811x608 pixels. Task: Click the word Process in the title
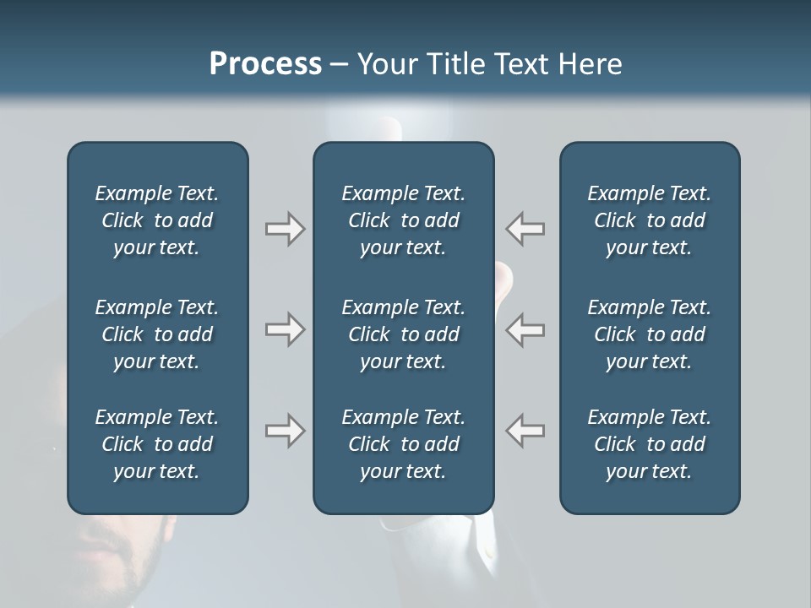tap(265, 63)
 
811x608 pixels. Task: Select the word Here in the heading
tap(591, 63)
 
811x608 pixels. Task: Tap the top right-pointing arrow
tap(286, 229)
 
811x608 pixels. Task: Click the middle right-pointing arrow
tap(286, 328)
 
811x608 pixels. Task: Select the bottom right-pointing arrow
tap(286, 431)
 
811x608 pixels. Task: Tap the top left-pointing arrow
tap(525, 229)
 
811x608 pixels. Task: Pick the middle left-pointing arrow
tap(525, 328)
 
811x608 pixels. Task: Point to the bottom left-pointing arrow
tap(525, 431)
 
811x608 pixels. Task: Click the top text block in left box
tap(157, 220)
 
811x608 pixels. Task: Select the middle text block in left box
tap(157, 334)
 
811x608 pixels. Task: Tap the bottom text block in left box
tap(157, 444)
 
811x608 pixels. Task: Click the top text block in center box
tap(403, 220)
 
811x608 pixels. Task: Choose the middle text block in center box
tap(403, 334)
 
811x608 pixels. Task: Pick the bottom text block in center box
tap(403, 444)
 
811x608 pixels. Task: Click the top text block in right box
tap(649, 220)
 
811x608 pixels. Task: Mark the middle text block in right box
tap(649, 334)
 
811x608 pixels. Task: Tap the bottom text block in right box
tap(649, 444)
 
